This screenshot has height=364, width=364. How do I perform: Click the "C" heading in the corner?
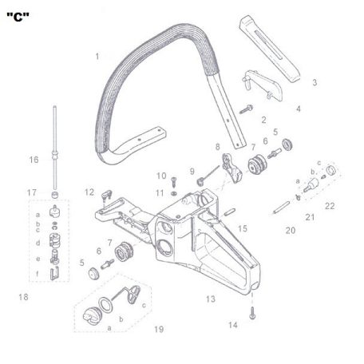click(x=18, y=18)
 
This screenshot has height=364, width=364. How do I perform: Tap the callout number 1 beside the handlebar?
click(x=97, y=57)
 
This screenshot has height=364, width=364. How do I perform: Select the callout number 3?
click(x=315, y=82)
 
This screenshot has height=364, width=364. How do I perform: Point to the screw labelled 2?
click(x=246, y=109)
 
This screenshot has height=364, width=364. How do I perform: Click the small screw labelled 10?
click(x=174, y=181)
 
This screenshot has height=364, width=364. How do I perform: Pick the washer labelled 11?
click(x=173, y=193)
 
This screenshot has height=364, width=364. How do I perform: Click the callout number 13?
click(x=211, y=299)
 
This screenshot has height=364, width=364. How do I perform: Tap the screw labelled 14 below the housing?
click(x=252, y=314)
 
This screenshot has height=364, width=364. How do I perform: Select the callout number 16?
click(x=34, y=160)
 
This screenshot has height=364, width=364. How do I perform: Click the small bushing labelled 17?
click(x=55, y=195)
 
